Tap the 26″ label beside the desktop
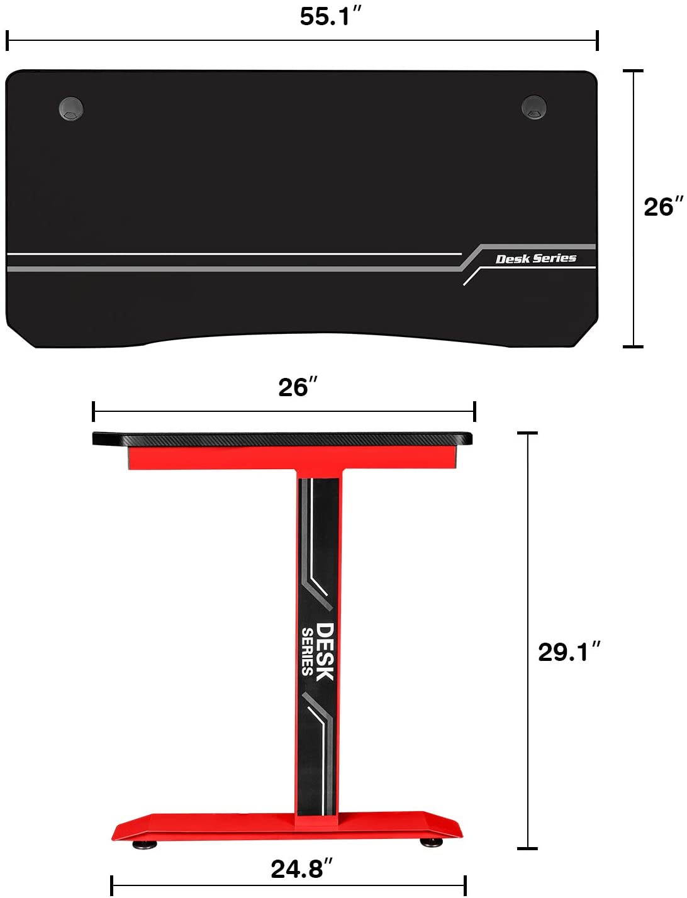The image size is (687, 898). click(x=662, y=207)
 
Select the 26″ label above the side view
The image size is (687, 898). click(x=298, y=387)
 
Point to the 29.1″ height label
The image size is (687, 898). click(x=569, y=652)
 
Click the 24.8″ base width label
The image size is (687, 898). click(x=301, y=869)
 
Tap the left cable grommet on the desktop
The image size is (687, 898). click(x=71, y=108)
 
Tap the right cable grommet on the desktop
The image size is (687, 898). click(x=533, y=107)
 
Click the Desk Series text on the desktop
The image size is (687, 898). click(x=535, y=258)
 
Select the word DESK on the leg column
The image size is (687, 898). click(x=325, y=651)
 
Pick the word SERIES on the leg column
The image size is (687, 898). click(x=307, y=651)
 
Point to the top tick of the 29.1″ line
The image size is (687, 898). click(x=527, y=433)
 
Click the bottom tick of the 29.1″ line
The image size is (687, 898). click(x=527, y=849)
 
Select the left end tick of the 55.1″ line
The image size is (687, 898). click(x=7, y=41)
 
